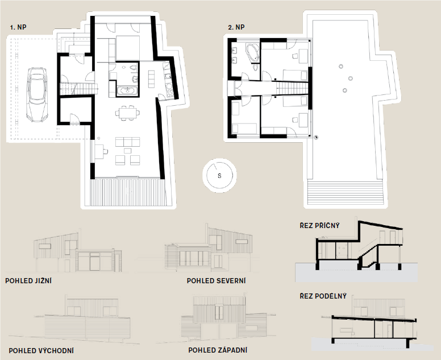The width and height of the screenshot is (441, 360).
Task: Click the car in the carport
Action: coord(37,94)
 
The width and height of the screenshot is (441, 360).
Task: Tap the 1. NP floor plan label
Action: coord(18,27)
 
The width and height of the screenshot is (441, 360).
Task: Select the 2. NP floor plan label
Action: coord(236,27)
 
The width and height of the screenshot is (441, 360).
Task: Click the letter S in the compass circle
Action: coord(219,176)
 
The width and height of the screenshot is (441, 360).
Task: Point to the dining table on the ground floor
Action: coord(127,113)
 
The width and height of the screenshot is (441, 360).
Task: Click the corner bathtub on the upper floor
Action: coord(252,52)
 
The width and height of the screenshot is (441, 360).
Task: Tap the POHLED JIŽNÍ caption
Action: coord(28,280)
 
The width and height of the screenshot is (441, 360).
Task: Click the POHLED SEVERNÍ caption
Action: coord(217,280)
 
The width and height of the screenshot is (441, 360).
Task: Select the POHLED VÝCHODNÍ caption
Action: coord(41,350)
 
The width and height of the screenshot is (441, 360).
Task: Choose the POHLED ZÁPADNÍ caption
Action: coord(218,350)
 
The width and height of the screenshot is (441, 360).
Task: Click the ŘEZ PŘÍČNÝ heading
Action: coord(320,225)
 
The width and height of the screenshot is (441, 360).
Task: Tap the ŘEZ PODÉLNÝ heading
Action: coord(323,296)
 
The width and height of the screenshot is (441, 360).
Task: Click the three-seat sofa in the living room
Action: coord(128,142)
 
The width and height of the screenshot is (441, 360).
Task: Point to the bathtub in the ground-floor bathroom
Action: coord(127,90)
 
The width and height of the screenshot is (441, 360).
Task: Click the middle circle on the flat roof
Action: coord(351,78)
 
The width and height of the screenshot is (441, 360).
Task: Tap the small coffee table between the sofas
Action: coord(128,151)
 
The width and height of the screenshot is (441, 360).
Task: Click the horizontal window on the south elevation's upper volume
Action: coord(45,246)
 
